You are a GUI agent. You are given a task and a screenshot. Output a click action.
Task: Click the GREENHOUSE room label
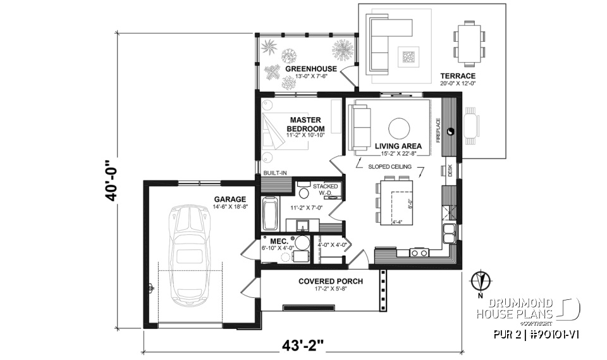click(x=310, y=69)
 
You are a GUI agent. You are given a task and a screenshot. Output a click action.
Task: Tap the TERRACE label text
click(x=457, y=76)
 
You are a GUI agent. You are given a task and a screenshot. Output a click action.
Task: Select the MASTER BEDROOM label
click(x=306, y=124)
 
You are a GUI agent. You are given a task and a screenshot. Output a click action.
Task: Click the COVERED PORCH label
click(x=331, y=282)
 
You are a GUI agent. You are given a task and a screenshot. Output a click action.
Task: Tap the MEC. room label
click(x=279, y=242)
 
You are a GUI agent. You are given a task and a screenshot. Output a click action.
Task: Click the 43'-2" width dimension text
click(x=303, y=346)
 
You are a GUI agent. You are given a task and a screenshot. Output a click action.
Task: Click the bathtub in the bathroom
click(x=270, y=215)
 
